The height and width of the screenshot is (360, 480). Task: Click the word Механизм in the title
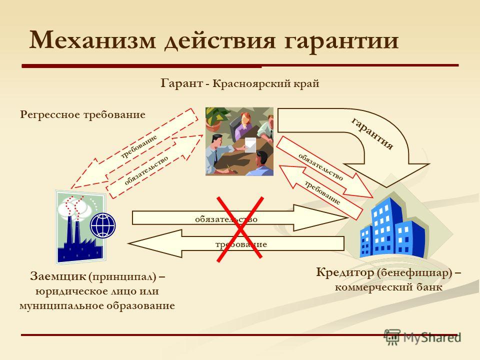[92, 40]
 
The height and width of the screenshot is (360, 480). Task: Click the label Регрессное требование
[82, 115]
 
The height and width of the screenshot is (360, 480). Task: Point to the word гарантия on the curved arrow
[372, 133]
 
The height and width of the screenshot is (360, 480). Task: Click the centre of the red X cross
[239, 229]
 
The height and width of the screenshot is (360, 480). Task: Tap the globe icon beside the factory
[103, 225]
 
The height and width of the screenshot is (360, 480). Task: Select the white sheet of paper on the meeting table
[250, 145]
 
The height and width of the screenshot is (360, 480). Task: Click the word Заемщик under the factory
[58, 276]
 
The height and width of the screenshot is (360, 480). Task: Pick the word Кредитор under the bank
[345, 272]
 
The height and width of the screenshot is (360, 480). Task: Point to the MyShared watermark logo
[422, 337]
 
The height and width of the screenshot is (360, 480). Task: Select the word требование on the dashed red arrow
[139, 146]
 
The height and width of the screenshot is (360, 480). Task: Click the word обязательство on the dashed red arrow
[146, 170]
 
